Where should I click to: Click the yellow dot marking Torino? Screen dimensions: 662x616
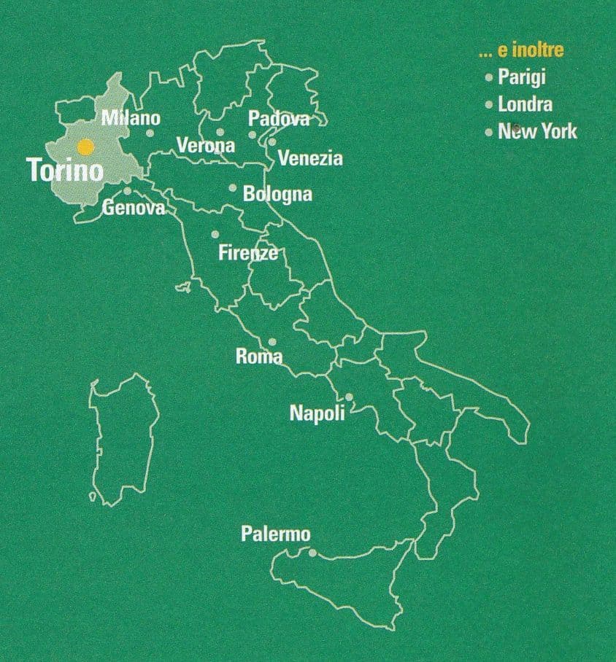(x=86, y=147)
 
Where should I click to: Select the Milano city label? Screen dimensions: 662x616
(x=131, y=117)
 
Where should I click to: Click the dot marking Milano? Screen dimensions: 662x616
(x=150, y=133)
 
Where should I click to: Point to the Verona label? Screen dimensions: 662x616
(x=206, y=145)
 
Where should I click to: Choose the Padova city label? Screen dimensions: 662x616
(x=279, y=119)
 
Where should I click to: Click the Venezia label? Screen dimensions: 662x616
(x=310, y=158)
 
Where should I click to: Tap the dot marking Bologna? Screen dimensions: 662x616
(x=233, y=188)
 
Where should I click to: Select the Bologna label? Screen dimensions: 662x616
(x=277, y=195)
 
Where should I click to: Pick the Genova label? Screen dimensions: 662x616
(x=134, y=208)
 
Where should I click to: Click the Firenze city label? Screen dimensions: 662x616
(x=248, y=253)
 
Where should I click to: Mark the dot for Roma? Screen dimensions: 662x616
(x=272, y=341)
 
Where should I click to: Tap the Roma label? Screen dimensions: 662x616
(x=259, y=357)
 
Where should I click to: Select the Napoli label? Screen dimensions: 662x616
(x=317, y=413)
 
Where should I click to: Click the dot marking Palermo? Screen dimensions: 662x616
(x=312, y=553)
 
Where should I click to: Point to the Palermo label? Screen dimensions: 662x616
(x=275, y=534)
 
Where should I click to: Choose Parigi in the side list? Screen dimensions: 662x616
(x=522, y=77)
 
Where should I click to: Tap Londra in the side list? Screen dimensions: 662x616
(x=525, y=104)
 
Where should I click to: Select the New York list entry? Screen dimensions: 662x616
(x=537, y=132)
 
